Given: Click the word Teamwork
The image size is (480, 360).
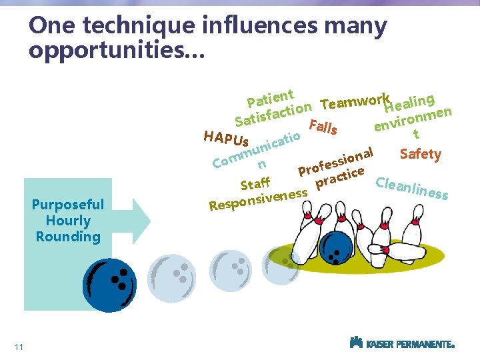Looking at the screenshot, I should pos(354,101).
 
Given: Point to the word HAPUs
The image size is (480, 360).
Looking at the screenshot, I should pos(226,139).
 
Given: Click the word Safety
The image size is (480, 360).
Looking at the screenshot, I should pos(420,155).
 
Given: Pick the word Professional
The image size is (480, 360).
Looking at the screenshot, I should pos(335,163).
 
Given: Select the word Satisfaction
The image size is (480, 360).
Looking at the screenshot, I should pos(273,114).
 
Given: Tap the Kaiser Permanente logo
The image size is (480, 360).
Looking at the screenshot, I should pos(402,343).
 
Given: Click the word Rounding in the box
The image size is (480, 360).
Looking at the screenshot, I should pos(68,237).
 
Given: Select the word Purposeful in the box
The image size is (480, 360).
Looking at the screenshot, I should pos(68,205).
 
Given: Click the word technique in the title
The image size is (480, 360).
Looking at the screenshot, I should pos(133,26).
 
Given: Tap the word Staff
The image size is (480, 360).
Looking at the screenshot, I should pos(255,182).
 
